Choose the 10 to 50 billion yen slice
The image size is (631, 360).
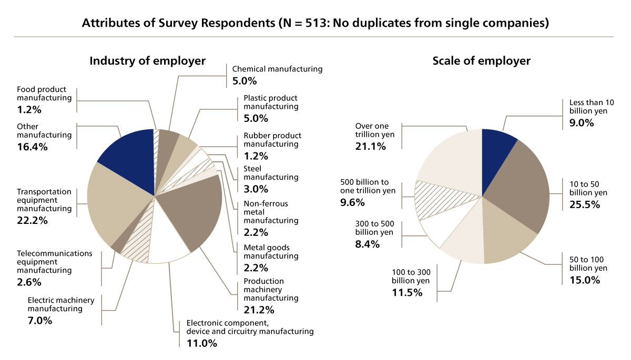coord(521,184)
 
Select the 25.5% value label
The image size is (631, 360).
coord(585,204)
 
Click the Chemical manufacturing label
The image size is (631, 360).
coord(277,69)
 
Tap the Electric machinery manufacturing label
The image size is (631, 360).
coord(60,304)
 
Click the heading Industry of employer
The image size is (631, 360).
coord(147,61)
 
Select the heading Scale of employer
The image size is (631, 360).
coord(481,61)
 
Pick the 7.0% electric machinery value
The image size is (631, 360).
coord(39,320)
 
